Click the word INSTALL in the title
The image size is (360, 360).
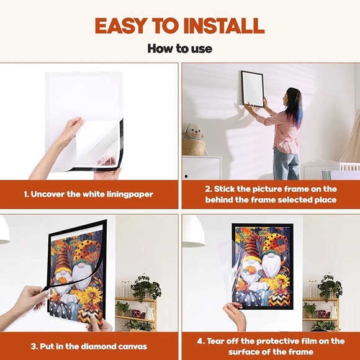(224, 25)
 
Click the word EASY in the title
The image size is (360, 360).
(121, 25)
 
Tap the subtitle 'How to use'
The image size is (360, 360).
(180, 48)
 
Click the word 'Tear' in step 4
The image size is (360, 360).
(216, 341)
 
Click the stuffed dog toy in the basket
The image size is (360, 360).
(194, 132)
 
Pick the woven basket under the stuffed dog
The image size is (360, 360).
(194, 147)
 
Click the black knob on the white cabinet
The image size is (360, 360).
(186, 176)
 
